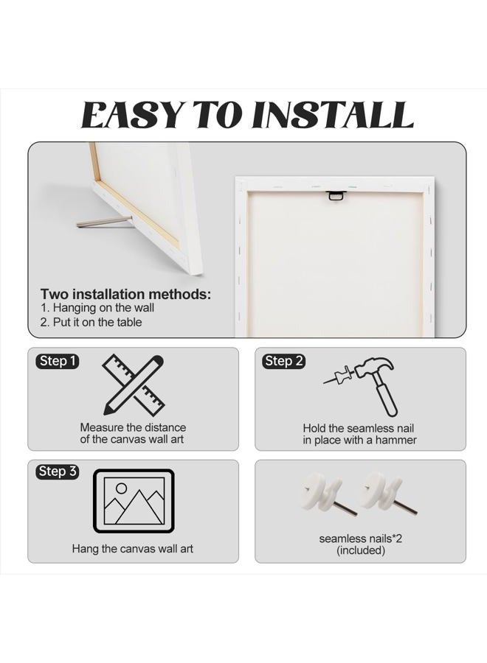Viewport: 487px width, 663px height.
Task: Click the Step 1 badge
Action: pyautogui.click(x=57, y=361)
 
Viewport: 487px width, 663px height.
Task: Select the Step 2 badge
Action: pyautogui.click(x=283, y=361)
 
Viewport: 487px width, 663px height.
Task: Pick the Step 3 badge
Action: pyautogui.click(x=57, y=471)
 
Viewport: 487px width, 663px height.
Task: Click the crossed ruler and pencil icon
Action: pyautogui.click(x=134, y=385)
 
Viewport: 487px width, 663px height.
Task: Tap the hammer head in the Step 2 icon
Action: pyautogui.click(x=374, y=367)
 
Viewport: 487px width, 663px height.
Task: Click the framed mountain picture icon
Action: pyautogui.click(x=134, y=501)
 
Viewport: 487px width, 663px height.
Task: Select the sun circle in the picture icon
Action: pyautogui.click(x=122, y=488)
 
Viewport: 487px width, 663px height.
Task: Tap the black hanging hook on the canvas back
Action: pyautogui.click(x=336, y=195)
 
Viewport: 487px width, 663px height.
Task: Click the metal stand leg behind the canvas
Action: pyautogui.click(x=104, y=222)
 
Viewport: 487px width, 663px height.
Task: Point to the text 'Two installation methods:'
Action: pyautogui.click(x=125, y=294)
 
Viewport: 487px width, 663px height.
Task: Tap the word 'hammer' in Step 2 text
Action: pyautogui.click(x=396, y=441)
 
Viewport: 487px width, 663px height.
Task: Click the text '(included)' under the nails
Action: pyautogui.click(x=361, y=550)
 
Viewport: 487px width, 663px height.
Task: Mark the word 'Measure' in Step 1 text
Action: pyautogui.click(x=102, y=427)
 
